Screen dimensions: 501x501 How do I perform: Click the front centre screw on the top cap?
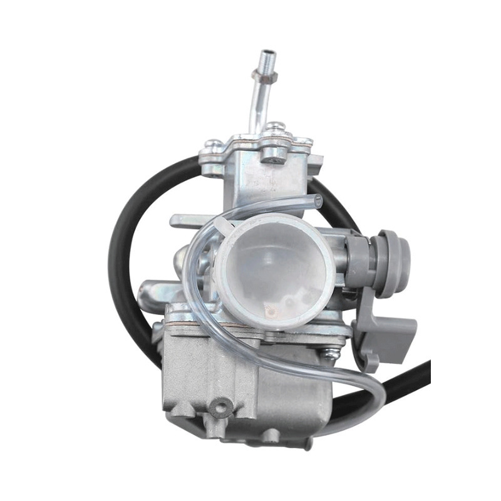(273, 153)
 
